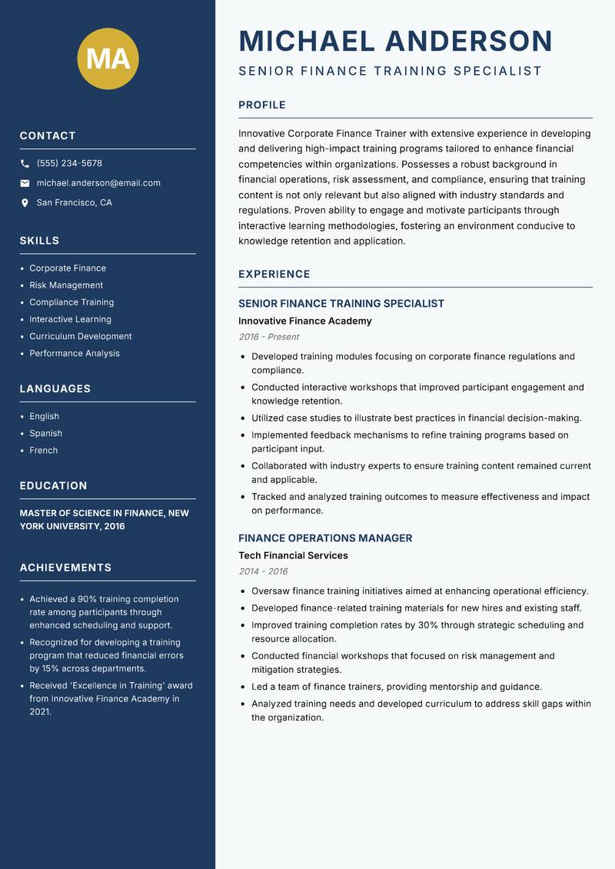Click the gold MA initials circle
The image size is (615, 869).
click(108, 58)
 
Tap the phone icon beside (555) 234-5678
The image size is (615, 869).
click(25, 164)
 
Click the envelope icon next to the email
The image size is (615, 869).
click(25, 183)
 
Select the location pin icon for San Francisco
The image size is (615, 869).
click(25, 203)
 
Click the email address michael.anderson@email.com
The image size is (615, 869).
click(98, 183)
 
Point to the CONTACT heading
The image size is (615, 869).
click(48, 136)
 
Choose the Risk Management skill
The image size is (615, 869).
click(66, 285)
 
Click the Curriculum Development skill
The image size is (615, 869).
click(81, 336)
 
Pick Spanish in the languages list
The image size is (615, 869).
click(46, 433)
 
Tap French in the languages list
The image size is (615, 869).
click(44, 450)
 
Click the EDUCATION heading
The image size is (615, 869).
click(53, 486)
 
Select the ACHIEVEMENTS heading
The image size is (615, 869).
click(65, 568)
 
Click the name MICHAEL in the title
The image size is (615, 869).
click(307, 41)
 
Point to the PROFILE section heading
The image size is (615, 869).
click(262, 105)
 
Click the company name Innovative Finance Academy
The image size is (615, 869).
click(305, 321)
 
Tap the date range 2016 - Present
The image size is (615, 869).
click(269, 337)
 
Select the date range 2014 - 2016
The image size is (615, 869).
click(263, 571)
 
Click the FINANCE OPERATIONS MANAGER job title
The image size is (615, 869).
click(325, 538)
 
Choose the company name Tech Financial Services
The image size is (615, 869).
click(293, 555)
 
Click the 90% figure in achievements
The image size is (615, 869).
click(88, 599)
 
